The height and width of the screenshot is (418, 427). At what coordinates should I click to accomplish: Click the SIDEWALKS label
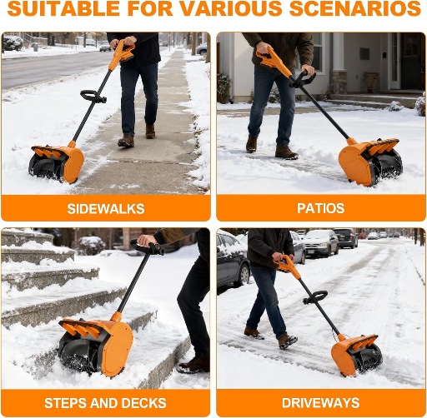point(106,208)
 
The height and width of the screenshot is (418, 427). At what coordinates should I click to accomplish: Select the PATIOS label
point(321,208)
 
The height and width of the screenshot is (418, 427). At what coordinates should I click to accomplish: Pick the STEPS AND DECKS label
point(106,404)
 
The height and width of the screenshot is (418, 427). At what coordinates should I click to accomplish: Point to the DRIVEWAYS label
point(321,404)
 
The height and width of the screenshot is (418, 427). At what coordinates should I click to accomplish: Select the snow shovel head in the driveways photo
point(356,353)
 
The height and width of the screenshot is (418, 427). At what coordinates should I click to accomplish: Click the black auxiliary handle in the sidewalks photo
point(93,97)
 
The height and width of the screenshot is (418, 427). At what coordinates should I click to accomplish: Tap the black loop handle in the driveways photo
point(314,296)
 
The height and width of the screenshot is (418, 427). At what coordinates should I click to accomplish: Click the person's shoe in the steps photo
point(195,364)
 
